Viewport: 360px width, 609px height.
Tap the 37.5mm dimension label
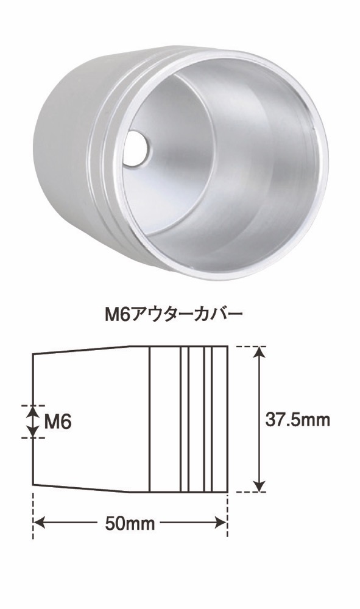point(297,420)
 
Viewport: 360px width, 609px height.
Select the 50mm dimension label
point(130,524)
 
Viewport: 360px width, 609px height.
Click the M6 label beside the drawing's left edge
point(57,421)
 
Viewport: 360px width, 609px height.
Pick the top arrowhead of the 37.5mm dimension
point(259,352)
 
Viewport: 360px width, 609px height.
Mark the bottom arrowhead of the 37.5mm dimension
point(259,486)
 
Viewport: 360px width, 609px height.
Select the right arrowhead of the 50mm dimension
point(220,523)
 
